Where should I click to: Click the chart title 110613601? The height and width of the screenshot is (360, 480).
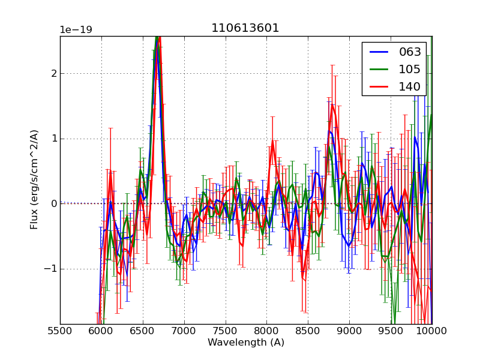click(245, 28)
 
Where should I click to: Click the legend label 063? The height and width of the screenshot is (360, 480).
click(410, 52)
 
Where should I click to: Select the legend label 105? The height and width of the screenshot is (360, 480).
click(410, 70)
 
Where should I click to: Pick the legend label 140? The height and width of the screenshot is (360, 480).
click(410, 87)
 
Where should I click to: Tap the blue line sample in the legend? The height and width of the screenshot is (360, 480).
click(378, 52)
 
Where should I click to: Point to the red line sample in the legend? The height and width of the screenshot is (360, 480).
click(378, 87)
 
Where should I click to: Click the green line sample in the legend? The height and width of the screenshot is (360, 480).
click(378, 70)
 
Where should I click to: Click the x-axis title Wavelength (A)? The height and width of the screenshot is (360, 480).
click(246, 343)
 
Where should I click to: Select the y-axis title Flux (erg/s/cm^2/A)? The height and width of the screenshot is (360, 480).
click(35, 179)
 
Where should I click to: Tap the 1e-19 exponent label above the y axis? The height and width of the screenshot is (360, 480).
click(76, 30)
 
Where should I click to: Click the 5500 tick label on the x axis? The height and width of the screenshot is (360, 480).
click(60, 331)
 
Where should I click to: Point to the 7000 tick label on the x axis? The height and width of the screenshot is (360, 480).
click(184, 331)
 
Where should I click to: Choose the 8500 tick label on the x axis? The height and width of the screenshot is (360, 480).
click(308, 331)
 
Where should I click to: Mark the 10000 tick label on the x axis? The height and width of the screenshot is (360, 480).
click(431, 331)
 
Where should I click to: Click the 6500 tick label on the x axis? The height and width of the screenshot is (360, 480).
click(142, 331)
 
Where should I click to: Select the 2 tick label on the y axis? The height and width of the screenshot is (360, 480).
click(53, 74)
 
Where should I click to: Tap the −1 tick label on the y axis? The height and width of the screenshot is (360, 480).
click(50, 269)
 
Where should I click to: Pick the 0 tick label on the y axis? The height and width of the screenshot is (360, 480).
click(53, 204)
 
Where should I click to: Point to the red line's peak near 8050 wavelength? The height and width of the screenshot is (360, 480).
click(272, 143)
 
